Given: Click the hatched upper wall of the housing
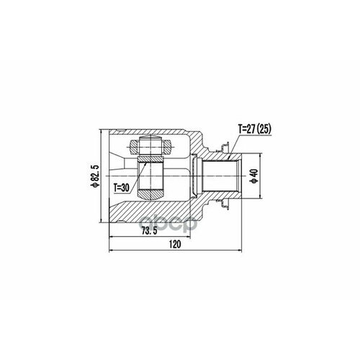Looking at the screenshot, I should pyautogui.click(x=166, y=138).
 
